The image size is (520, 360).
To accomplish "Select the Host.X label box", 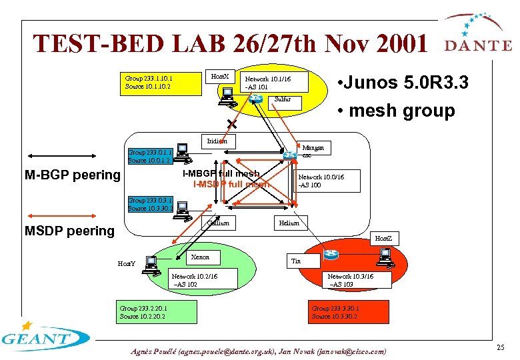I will point(219,77).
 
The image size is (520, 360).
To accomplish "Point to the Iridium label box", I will point(217,141).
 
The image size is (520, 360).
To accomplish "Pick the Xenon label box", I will point(200,257).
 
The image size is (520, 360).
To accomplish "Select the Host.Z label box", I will point(383,238).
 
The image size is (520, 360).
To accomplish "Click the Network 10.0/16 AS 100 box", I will point(327,181).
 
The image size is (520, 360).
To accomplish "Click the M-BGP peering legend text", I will point(72,175).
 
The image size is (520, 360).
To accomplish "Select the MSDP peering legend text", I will point(69,231).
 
